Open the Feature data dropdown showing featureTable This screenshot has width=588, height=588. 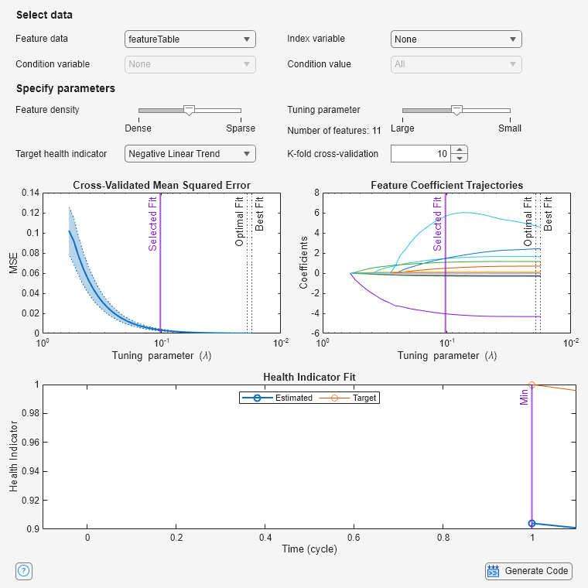point(190,39)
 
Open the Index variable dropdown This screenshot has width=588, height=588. point(456,39)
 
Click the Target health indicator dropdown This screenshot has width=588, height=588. point(190,154)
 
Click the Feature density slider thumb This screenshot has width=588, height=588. point(189,111)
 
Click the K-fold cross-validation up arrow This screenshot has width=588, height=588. point(460,149)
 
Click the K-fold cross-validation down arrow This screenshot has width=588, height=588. point(460,159)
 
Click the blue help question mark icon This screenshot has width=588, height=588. point(23,571)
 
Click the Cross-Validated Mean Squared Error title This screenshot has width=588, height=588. point(162,185)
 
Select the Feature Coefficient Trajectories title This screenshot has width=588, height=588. point(446,185)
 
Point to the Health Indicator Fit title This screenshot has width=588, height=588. point(309,377)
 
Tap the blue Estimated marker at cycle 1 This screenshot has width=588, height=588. point(532,524)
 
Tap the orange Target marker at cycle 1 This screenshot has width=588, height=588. point(532,385)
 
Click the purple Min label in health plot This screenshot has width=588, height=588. point(524,398)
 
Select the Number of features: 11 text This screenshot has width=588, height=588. point(334,130)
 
